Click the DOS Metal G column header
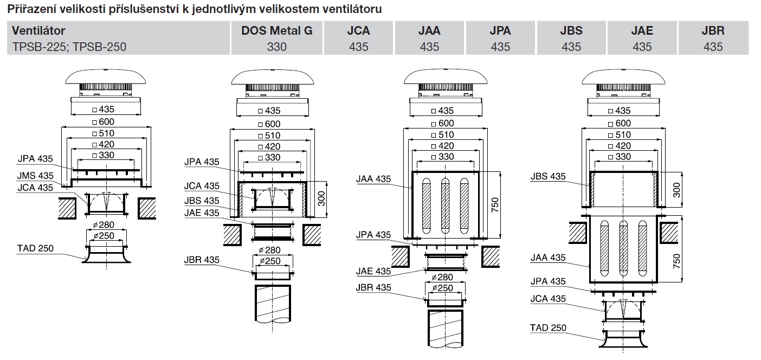pyautogui.click(x=277, y=31)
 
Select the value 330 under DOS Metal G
pyautogui.click(x=277, y=47)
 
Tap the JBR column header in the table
pyautogui.click(x=713, y=31)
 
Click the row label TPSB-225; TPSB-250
pyautogui.click(x=69, y=47)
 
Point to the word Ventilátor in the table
pyautogui.click(x=38, y=31)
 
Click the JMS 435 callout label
pyautogui.click(x=36, y=176)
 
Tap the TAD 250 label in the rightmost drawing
pyautogui.click(x=548, y=327)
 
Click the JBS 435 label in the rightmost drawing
pyautogui.click(x=547, y=176)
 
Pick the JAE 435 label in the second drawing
pyautogui.click(x=202, y=213)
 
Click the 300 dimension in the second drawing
pyautogui.click(x=321, y=200)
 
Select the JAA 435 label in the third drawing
pyautogui.click(x=373, y=179)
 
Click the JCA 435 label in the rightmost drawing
pyautogui.click(x=547, y=299)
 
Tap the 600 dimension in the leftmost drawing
pyautogui.click(x=106, y=122)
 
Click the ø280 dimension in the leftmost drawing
pyautogui.click(x=107, y=225)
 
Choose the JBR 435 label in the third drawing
pyautogui.click(x=373, y=287)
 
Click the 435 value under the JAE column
pyautogui.click(x=642, y=47)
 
